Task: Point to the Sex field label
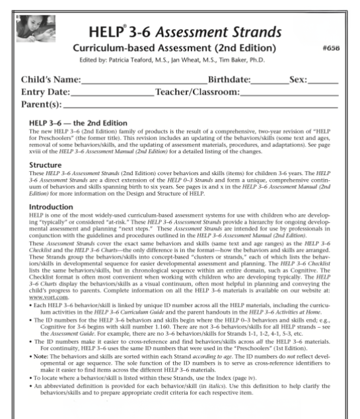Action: pyautogui.click(x=298, y=80)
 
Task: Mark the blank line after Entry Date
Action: pyautogui.click(x=122, y=95)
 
